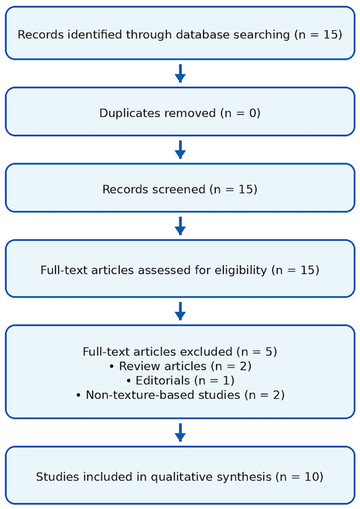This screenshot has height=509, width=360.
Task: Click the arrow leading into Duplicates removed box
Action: pyautogui.click(x=180, y=73)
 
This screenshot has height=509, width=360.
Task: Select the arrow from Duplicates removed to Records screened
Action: pyautogui.click(x=180, y=149)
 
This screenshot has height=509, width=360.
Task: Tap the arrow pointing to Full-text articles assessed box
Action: pyautogui.click(x=180, y=226)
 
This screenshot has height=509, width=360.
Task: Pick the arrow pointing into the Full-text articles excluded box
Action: pyautogui.click(x=180, y=311)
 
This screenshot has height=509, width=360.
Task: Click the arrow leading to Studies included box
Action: pyautogui.click(x=180, y=432)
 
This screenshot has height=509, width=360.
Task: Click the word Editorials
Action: pyautogui.click(x=163, y=381)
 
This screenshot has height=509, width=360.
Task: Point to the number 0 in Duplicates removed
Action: pyautogui.click(x=253, y=113)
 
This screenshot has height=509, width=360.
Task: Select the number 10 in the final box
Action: pyautogui.click(x=312, y=477)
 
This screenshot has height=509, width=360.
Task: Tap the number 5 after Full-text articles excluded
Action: pyautogui.click(x=270, y=352)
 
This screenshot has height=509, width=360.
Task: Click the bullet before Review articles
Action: pyautogui.click(x=112, y=366)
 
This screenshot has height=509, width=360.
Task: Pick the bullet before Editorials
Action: pyautogui.click(x=129, y=381)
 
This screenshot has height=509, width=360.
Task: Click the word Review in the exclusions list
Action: pyautogui.click(x=135, y=366)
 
